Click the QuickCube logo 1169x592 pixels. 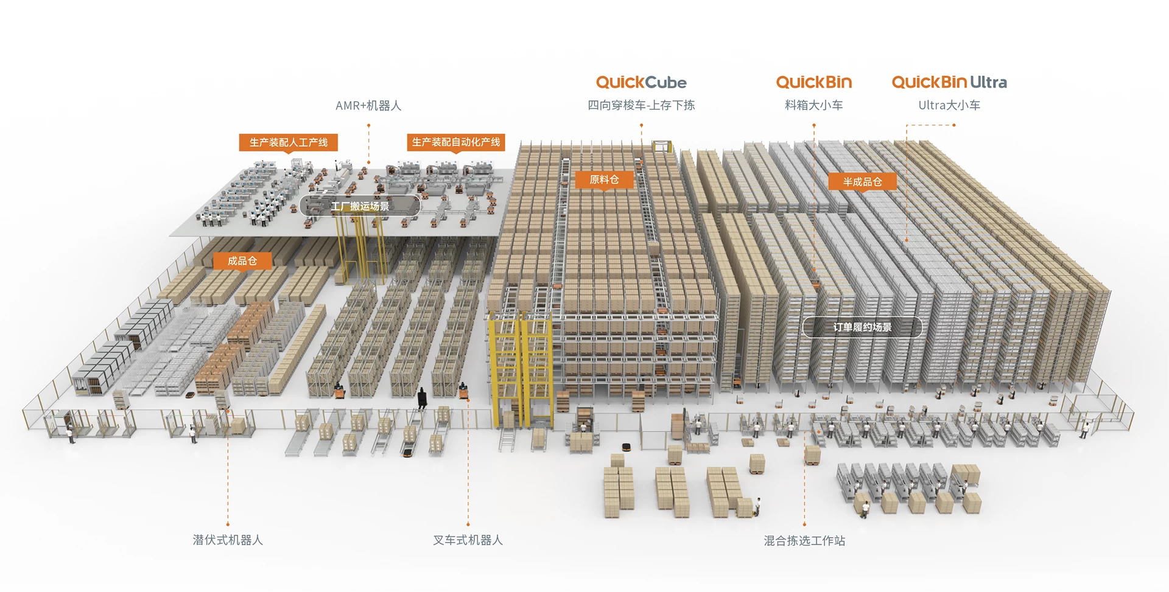point(641,83)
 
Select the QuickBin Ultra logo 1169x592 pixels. point(949,82)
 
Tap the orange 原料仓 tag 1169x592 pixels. point(604,179)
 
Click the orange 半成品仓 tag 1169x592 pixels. point(862,181)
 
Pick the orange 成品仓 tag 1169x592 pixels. point(242,261)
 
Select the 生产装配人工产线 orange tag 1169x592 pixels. point(289,142)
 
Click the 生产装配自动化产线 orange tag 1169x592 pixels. point(456,142)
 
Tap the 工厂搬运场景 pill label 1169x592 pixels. point(360,206)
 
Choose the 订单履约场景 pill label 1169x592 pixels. point(862,327)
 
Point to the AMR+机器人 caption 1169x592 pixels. point(368,106)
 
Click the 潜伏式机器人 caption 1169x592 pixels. point(228,540)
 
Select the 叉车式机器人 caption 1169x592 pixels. point(468,540)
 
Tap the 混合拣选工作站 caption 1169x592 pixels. point(804,541)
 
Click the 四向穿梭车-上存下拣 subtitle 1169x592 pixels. point(641,105)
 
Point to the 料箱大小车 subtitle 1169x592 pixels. point(814,105)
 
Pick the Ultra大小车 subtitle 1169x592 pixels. point(949,105)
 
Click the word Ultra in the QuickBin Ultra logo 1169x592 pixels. point(988,82)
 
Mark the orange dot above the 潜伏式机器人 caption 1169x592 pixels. point(228,524)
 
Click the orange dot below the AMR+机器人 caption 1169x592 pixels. point(368,125)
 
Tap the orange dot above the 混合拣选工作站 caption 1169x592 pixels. point(804,524)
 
